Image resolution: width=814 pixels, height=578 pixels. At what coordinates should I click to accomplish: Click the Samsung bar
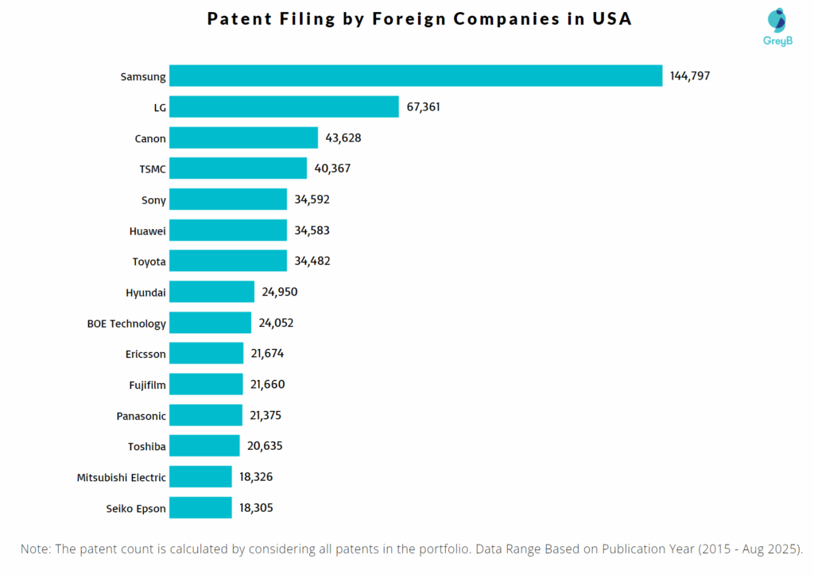pos(416,76)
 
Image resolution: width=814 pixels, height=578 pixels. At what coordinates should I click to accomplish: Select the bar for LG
pos(284,107)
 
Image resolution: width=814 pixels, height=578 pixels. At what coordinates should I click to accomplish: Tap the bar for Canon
pos(243,138)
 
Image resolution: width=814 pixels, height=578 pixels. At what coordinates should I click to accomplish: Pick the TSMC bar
pos(238,169)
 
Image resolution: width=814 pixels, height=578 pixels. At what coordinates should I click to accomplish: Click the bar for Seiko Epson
pos(200,508)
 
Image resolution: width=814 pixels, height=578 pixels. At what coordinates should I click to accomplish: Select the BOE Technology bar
pos(210,323)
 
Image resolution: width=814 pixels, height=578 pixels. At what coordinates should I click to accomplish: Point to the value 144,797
pos(689,76)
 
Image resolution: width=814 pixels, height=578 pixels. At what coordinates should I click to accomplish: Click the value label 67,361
pos(423,107)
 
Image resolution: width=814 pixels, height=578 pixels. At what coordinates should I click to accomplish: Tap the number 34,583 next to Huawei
pos(312,231)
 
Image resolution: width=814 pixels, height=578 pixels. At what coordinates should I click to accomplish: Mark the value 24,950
pos(280,292)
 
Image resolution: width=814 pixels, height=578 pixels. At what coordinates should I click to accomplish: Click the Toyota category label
pos(149,262)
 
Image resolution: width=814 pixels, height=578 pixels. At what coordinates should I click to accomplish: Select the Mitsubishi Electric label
pos(122,478)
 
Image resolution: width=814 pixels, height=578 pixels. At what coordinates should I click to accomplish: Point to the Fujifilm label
pos(147,385)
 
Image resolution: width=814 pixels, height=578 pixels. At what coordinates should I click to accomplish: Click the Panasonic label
pos(141,416)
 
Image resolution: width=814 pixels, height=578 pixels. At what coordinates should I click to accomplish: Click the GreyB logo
pos(778,28)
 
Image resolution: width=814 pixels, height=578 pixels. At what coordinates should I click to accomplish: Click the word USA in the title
pos(611,19)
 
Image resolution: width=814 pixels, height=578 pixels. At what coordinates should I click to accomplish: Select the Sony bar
pos(228,200)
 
